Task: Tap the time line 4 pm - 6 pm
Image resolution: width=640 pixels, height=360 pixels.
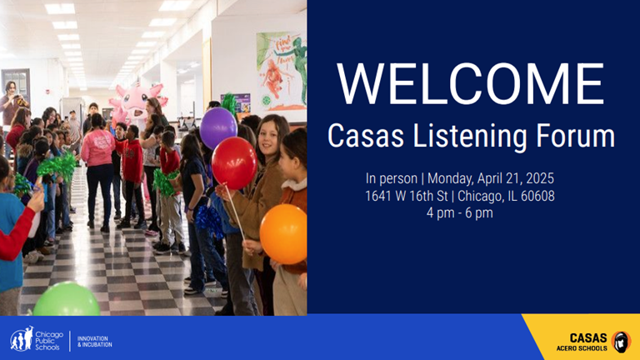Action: [459, 212]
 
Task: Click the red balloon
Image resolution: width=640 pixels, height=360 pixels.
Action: [234, 162]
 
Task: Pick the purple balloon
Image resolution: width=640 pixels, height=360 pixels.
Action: [218, 127]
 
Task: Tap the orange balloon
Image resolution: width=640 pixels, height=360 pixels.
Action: [283, 233]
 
